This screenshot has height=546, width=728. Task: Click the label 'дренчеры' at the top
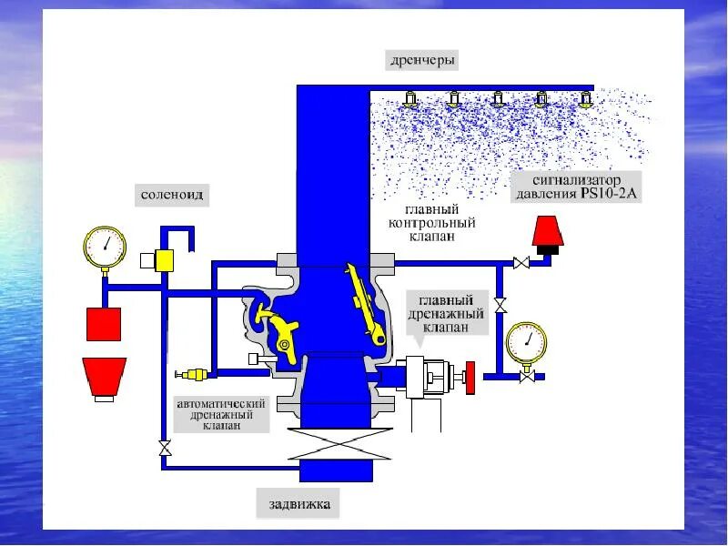click(420, 61)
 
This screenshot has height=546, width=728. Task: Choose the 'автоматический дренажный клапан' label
click(221, 414)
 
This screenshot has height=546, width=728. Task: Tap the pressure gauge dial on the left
click(106, 246)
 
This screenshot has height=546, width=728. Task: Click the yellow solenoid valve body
click(164, 260)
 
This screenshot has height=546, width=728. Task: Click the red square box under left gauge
click(104, 324)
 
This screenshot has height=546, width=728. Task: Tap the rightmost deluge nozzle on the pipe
click(587, 98)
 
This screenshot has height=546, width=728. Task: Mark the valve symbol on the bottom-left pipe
click(164, 448)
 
